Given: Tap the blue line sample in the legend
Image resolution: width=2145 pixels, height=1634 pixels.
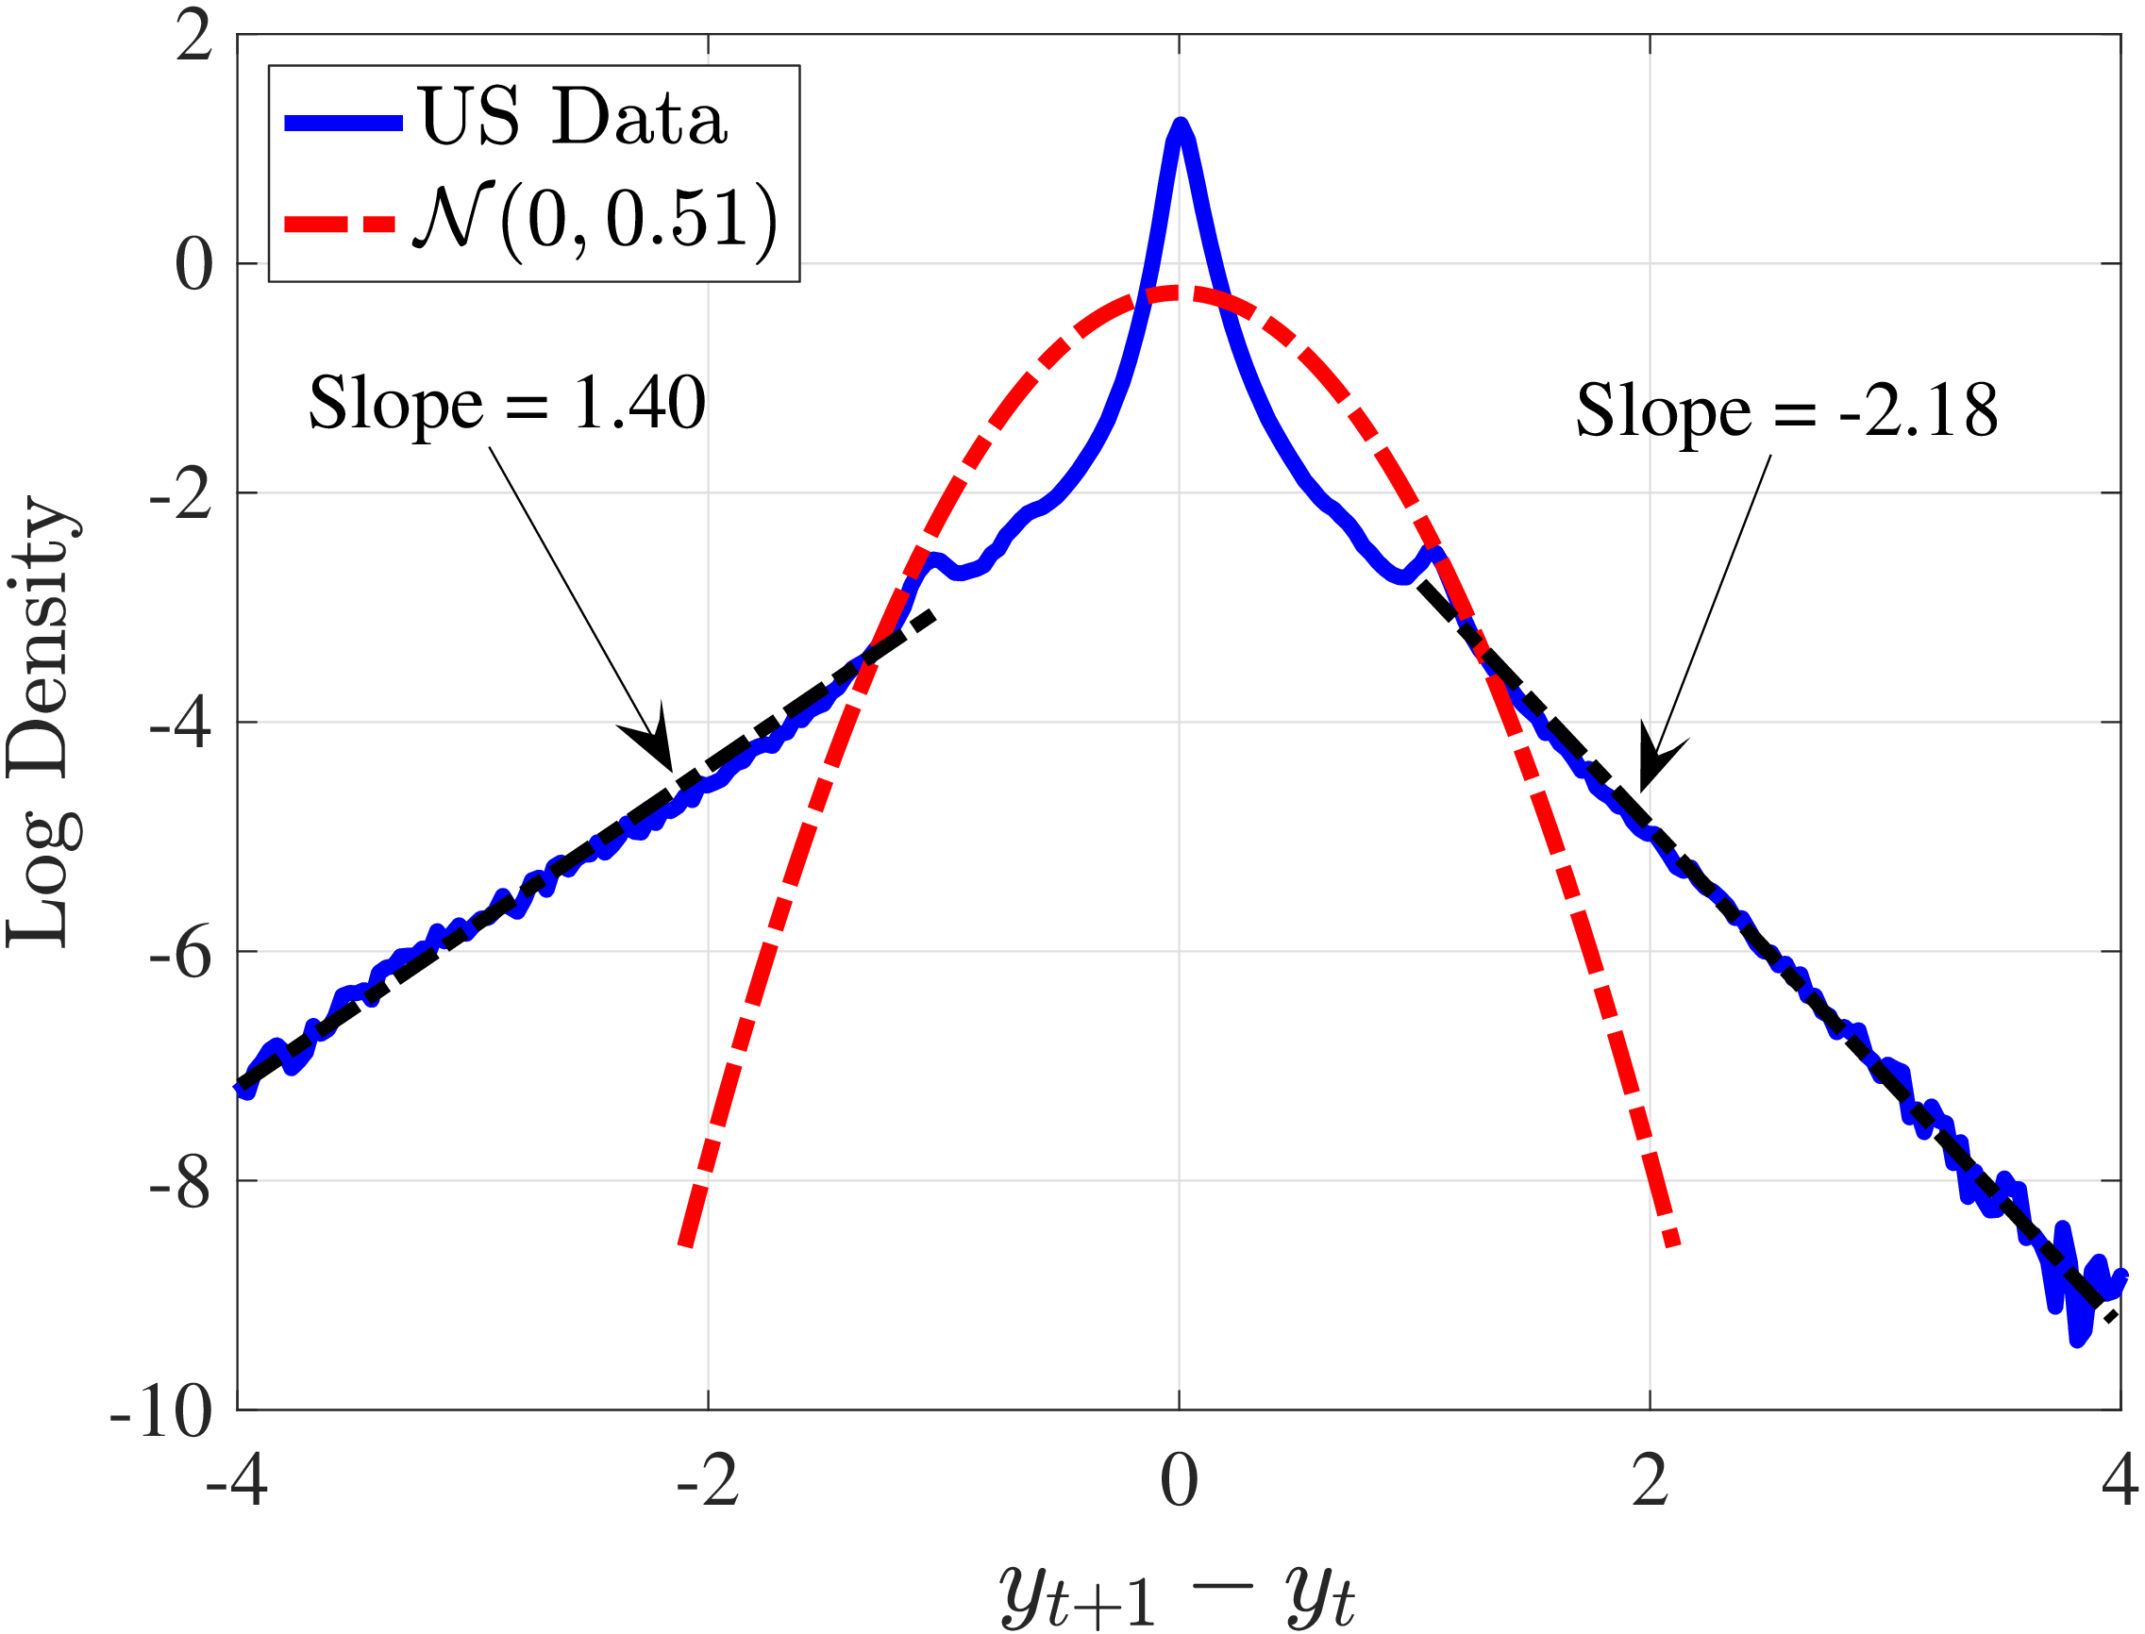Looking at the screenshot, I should pos(344,123).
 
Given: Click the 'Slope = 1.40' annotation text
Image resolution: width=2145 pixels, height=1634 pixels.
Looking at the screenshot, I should pos(507,402).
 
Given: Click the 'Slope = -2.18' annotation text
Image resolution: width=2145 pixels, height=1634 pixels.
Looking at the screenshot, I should pos(1786,409).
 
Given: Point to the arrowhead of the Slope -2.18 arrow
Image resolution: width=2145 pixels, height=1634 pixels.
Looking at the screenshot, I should pos(1644,788).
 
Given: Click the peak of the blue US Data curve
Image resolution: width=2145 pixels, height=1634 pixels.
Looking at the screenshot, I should pos(1180,126).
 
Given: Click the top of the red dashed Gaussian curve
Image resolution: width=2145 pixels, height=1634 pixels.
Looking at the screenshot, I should pos(1180,292).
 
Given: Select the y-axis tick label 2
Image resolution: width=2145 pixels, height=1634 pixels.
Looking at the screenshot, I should pos(193,37).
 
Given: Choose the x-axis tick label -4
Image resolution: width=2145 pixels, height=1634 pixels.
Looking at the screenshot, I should pos(236,1481).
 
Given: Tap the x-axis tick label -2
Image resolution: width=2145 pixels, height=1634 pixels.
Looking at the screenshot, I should pos(708,1481).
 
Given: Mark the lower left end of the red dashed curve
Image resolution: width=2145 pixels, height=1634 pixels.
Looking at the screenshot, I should pos(687,1242).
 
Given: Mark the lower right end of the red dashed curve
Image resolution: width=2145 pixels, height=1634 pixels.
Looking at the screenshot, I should pos(1672,1242).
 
